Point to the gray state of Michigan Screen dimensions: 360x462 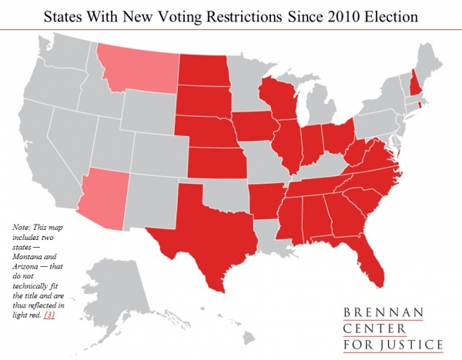pos(323,104)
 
